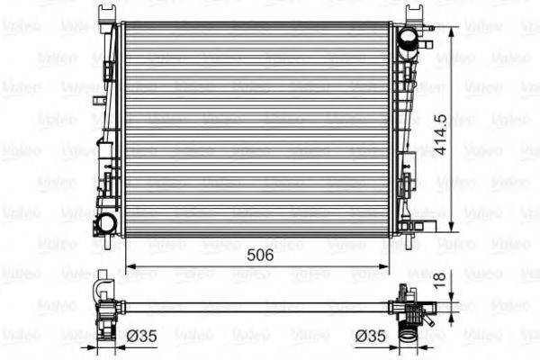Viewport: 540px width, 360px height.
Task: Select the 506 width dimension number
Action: tap(261, 255)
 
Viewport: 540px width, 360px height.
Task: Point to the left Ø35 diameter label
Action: tap(141, 335)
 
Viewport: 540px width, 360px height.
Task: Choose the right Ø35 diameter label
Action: tap(373, 335)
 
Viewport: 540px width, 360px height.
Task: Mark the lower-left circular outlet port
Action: tap(107, 223)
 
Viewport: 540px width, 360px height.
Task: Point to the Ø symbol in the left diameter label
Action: tap(130, 335)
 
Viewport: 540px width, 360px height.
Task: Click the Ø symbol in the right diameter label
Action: tap(362, 335)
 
